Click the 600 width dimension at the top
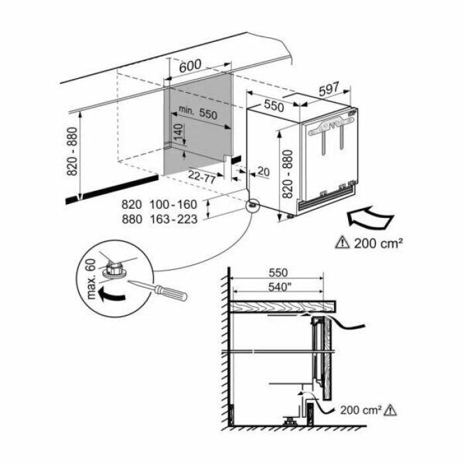tap(190, 66)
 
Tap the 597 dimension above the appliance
tap(329, 89)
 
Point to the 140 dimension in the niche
tap(178, 132)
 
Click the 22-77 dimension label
tap(202, 177)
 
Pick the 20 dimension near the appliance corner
tap(264, 171)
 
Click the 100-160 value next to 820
tap(174, 204)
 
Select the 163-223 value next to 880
tap(174, 219)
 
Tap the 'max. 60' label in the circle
tap(91, 279)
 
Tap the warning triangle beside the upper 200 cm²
tap(343, 242)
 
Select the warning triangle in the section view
tap(390, 410)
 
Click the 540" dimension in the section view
tap(278, 287)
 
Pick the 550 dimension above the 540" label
tap(278, 273)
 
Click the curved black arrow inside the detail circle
tap(111, 295)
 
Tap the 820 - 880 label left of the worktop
tap(72, 152)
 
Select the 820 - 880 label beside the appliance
tap(287, 174)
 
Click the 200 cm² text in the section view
tap(361, 410)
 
